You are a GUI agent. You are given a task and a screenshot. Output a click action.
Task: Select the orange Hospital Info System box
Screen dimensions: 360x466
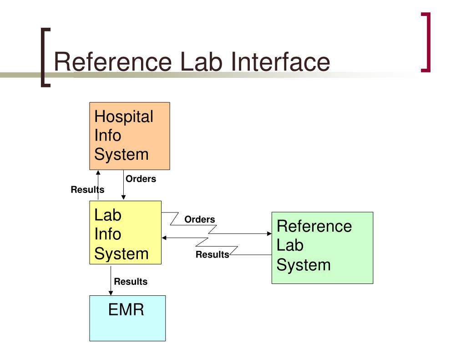[129, 136]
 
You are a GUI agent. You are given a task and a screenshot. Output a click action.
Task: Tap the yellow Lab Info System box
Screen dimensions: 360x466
[125, 232]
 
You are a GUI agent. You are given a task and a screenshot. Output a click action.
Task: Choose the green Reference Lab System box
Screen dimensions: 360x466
[322, 248]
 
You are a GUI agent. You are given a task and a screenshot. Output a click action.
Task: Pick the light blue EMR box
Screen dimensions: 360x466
[127, 318]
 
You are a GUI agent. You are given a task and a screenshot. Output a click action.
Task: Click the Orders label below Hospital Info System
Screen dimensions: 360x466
[141, 179]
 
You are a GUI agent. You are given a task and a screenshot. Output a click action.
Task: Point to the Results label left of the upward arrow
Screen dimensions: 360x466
[87, 190]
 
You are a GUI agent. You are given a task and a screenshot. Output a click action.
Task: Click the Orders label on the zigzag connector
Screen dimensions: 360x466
[199, 219]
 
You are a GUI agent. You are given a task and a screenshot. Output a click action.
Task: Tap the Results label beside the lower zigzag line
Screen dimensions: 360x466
[212, 255]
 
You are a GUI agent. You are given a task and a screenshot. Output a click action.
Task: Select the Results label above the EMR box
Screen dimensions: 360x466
[131, 282]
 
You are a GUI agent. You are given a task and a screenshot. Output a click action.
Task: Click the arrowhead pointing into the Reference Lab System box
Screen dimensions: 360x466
[269, 234]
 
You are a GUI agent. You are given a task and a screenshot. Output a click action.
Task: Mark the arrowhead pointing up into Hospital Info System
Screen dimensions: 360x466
[98, 172]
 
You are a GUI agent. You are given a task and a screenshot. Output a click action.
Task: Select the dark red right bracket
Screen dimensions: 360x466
[426, 42]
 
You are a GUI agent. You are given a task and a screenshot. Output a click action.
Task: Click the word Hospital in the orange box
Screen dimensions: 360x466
[123, 117]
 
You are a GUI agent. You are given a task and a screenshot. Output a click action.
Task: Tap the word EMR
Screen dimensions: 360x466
[126, 310]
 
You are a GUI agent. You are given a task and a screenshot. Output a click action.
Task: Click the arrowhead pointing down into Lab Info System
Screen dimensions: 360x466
[123, 198]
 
